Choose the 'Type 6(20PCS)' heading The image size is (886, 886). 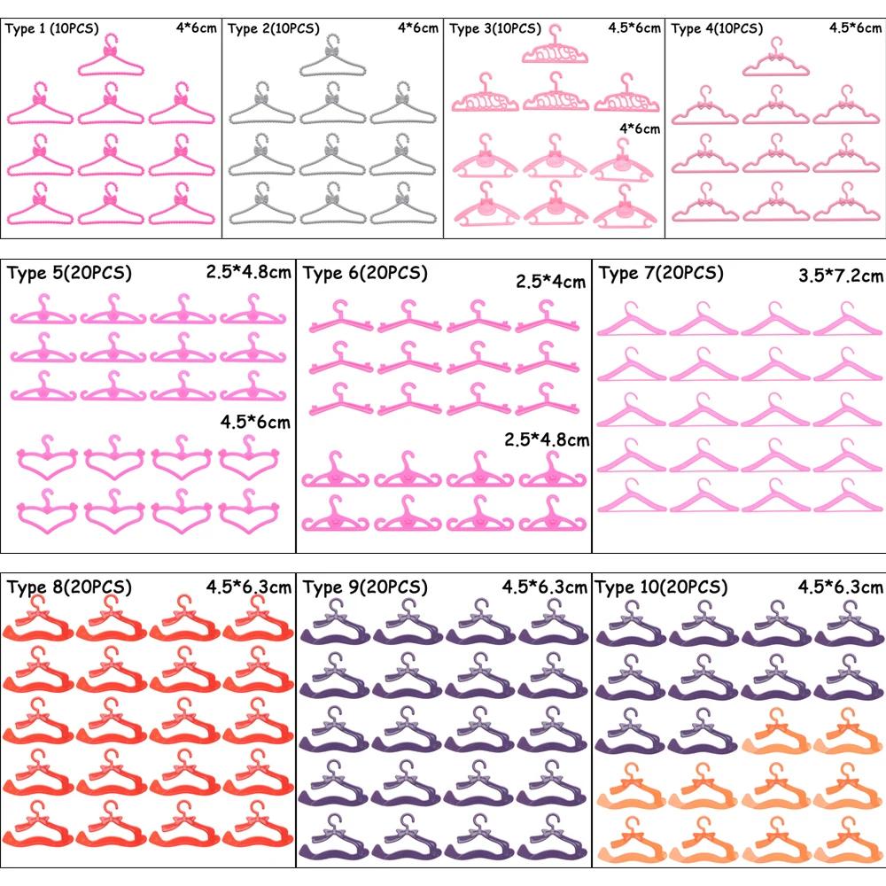point(365,273)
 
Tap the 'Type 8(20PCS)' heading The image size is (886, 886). point(69,587)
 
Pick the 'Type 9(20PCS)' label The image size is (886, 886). point(365,587)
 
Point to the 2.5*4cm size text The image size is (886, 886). point(551,283)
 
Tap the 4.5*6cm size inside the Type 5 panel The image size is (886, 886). point(255,423)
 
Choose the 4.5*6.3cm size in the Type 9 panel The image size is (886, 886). point(545,587)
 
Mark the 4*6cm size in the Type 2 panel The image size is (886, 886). point(419,27)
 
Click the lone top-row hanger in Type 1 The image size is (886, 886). point(113,55)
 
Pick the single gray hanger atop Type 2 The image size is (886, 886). point(334,55)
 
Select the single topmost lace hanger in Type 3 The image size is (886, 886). point(556,48)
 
